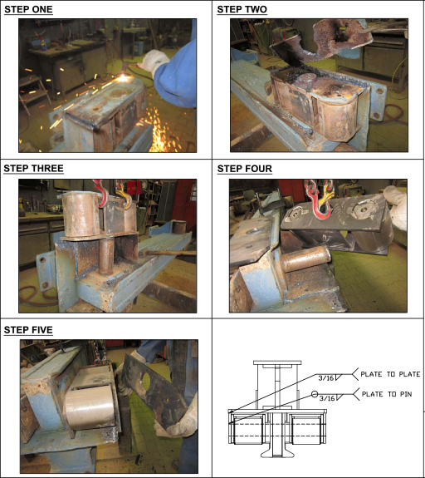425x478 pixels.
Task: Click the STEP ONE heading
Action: (28, 9)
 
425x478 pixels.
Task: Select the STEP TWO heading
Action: (242, 9)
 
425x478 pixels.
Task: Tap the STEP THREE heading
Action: (33, 168)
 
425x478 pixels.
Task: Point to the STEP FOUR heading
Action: (245, 169)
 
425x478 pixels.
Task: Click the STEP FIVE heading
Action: (28, 330)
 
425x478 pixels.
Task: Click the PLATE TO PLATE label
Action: (390, 374)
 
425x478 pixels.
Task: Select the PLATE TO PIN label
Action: (387, 394)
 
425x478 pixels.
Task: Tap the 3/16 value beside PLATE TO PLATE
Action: (326, 378)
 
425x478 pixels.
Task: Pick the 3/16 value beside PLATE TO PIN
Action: (327, 398)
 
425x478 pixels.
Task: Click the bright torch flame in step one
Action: (123, 78)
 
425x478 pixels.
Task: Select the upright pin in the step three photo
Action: (106, 256)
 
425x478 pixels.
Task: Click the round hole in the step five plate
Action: (145, 382)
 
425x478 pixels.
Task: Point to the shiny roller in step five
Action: (90, 407)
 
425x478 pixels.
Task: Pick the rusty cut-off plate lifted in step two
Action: (321, 42)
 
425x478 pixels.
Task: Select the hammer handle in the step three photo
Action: (169, 253)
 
